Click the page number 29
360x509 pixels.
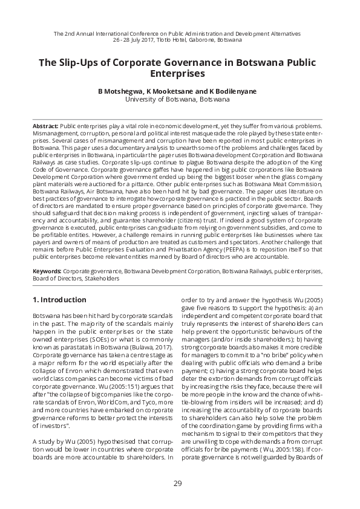[x=177, y=482]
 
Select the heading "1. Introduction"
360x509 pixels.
[x=59, y=300]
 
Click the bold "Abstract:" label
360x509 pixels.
[x=45, y=123]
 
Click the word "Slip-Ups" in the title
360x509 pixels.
[x=80, y=63]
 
